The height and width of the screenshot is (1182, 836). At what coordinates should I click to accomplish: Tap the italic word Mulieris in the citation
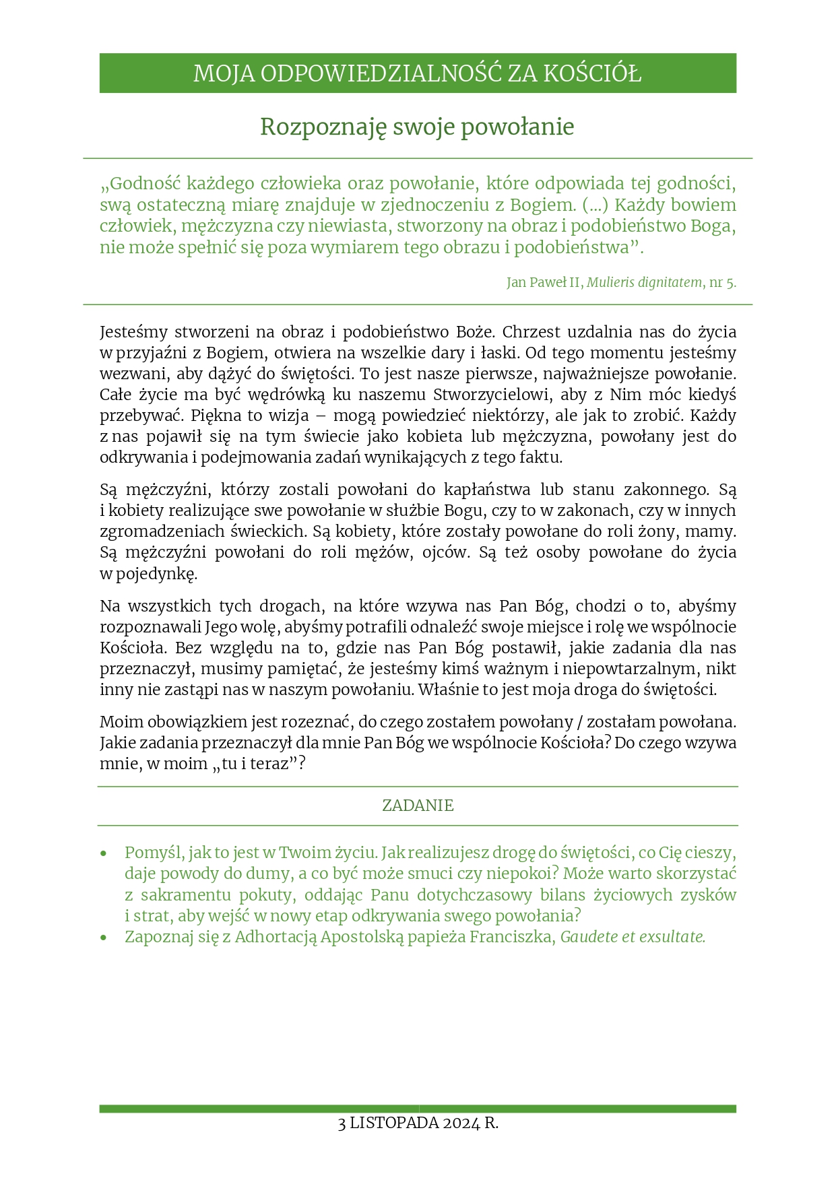(610, 283)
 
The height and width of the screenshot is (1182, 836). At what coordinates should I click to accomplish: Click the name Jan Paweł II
(544, 283)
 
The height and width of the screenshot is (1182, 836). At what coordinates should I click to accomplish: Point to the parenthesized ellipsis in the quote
(596, 205)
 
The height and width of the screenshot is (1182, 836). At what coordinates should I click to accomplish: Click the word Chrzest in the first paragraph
(531, 332)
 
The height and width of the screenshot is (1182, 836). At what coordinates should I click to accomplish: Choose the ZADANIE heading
(418, 806)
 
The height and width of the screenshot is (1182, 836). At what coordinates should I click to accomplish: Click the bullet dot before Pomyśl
(104, 854)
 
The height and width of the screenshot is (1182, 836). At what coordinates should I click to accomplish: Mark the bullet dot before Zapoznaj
(104, 938)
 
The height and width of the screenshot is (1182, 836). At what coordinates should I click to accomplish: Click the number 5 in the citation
(731, 283)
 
